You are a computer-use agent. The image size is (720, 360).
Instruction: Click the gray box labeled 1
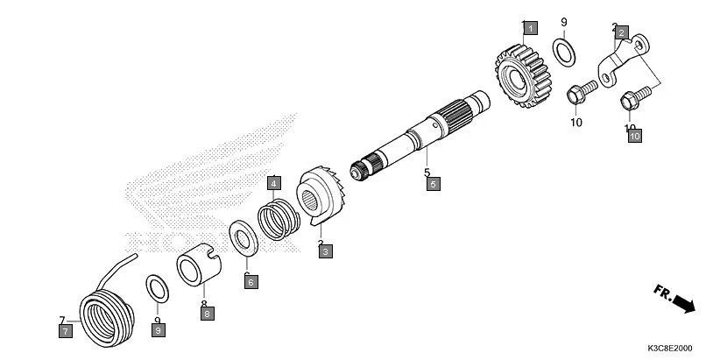coord(529,27)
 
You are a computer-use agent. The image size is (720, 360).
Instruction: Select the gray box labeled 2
coord(622,33)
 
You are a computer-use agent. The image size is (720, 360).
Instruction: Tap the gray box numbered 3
coord(325,251)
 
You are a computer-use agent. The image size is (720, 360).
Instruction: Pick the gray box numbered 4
coord(274,183)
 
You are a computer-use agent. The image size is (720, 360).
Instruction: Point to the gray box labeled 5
coord(434,184)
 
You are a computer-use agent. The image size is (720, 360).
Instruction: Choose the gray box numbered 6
coord(250,282)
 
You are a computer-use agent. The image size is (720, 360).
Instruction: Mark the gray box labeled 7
coord(64,330)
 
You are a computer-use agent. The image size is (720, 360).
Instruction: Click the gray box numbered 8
coord(207,313)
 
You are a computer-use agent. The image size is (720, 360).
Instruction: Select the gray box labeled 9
coord(158,330)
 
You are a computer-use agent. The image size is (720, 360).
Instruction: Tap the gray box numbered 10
coord(634,136)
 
